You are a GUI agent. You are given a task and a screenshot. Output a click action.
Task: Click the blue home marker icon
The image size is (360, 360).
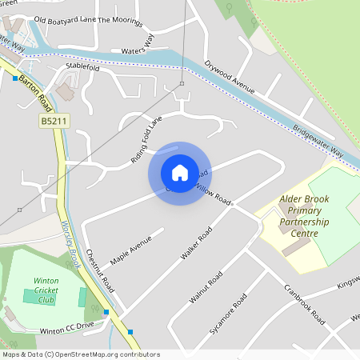click(x=180, y=172)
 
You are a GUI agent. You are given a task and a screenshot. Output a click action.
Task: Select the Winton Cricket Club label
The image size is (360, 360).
click(x=46, y=290)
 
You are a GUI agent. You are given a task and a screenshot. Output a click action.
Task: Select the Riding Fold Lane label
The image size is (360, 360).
click(x=146, y=140)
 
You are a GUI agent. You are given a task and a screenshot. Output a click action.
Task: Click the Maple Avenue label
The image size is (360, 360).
click(x=131, y=250)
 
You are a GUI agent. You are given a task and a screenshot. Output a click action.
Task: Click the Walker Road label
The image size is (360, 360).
click(x=196, y=243)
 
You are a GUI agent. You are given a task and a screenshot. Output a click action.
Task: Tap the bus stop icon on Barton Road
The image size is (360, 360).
click(x=15, y=78)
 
